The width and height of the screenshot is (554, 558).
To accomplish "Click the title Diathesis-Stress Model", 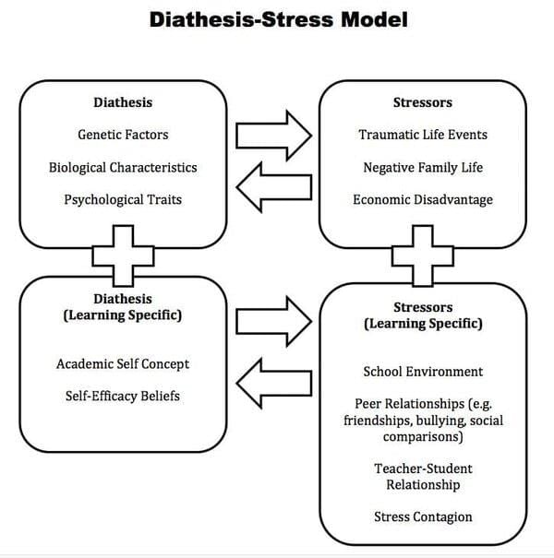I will click(277, 20).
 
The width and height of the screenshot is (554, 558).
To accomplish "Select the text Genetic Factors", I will click(123, 135).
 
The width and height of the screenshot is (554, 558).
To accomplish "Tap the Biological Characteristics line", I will click(123, 168).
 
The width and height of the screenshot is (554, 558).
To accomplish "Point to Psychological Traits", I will click(123, 199).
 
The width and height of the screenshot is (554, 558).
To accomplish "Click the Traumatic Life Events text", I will click(423, 135).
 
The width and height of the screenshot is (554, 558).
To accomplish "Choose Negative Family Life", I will click(423, 168).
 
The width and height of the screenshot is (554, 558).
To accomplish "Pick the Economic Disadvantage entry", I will click(423, 199).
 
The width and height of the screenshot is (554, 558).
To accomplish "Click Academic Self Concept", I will click(123, 364).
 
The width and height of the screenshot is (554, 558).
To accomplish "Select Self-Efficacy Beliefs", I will click(123, 397).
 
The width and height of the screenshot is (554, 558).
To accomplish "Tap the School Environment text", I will click(423, 372).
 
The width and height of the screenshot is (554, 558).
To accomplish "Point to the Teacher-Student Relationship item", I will click(416, 476).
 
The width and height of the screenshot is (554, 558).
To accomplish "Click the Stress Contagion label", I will click(423, 516).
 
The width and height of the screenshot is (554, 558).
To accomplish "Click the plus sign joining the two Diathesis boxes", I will click(123, 254).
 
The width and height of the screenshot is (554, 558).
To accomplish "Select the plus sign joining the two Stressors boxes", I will click(423, 254).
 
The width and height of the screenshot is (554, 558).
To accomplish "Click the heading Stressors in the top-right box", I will click(423, 102).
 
